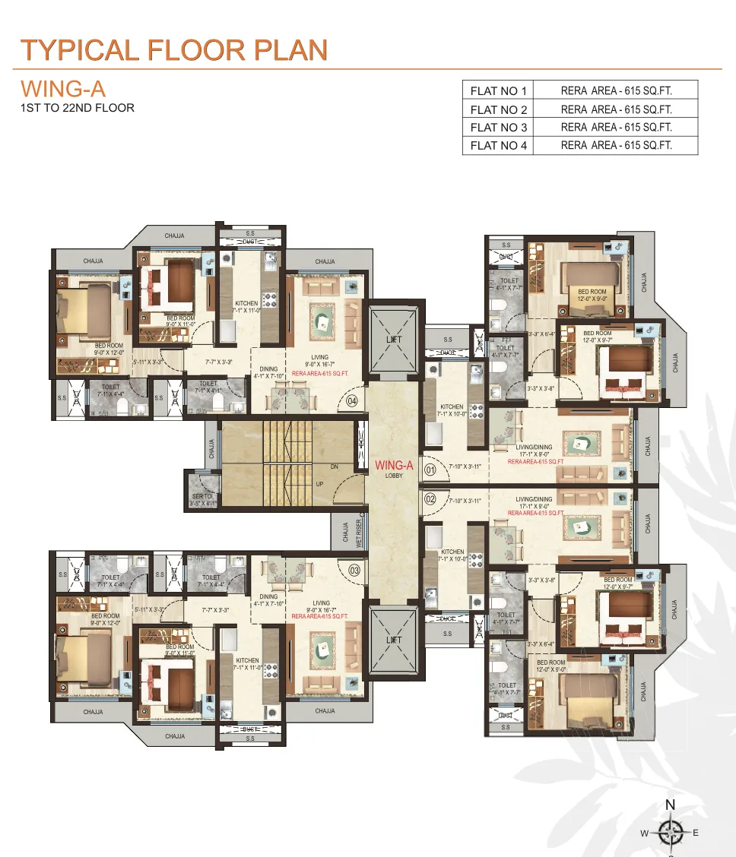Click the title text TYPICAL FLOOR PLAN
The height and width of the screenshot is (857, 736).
[174, 50]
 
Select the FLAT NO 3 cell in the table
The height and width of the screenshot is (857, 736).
[498, 128]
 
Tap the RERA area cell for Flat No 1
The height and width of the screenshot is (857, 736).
[616, 91]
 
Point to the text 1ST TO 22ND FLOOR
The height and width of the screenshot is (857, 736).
[77, 108]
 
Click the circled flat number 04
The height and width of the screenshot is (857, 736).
[352, 400]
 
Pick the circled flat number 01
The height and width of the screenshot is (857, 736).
[430, 469]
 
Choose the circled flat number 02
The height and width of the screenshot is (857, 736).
[430, 499]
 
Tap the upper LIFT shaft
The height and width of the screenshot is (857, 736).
[393, 340]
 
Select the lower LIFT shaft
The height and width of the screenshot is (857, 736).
[393, 640]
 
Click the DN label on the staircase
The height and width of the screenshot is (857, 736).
[334, 467]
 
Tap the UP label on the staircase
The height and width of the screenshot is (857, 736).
[320, 484]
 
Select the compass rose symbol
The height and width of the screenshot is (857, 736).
[670, 833]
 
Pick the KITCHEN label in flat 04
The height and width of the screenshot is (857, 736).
[246, 304]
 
